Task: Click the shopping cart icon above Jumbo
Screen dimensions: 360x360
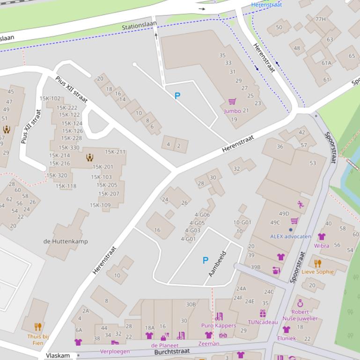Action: point(232,101)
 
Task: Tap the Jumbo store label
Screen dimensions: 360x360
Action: point(232,111)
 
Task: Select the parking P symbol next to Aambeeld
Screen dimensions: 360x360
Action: point(205,260)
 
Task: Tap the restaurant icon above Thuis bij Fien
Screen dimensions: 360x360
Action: point(38,327)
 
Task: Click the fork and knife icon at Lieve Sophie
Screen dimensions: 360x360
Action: point(318,263)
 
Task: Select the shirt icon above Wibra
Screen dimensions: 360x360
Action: point(321,237)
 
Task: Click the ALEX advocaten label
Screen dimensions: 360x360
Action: point(290,237)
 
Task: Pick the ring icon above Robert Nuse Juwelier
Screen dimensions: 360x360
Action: point(300,303)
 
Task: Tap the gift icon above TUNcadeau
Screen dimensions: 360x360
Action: point(263,314)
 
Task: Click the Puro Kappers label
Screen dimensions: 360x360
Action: point(219,325)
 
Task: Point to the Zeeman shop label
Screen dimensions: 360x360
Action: point(209,343)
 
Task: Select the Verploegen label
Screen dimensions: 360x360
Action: point(115,352)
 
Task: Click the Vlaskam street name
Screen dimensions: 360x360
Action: point(58,356)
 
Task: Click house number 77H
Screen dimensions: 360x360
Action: point(320,19)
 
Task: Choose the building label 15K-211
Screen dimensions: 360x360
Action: point(115,152)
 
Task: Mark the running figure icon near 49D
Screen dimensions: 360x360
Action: point(300,204)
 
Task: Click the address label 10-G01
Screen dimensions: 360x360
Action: point(242,223)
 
